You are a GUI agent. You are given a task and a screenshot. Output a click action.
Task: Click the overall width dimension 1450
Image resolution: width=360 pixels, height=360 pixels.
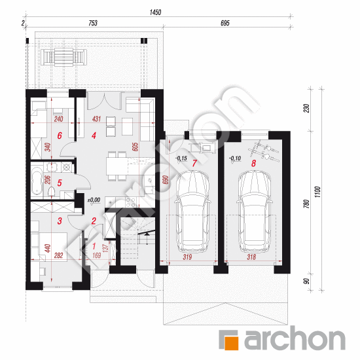[155, 12]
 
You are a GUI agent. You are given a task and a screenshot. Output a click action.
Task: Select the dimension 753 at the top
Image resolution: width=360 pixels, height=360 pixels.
[92, 24]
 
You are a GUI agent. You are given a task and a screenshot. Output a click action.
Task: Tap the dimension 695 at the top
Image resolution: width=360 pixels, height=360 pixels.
[225, 24]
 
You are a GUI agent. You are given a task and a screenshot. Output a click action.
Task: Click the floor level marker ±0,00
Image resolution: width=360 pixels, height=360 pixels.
[94, 200]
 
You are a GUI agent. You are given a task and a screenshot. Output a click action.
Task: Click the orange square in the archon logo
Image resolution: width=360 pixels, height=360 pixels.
[229, 340]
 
